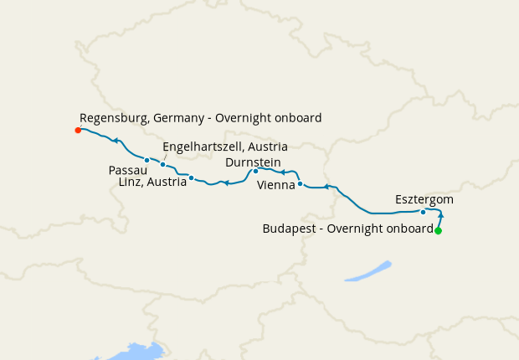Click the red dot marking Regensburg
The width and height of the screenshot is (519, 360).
point(78,130)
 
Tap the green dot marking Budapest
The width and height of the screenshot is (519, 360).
point(438,231)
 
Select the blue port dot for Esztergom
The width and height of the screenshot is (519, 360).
point(424,212)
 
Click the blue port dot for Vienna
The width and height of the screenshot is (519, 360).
point(300,183)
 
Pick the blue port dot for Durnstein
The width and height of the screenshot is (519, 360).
point(255,171)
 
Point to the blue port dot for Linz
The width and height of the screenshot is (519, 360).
point(192,177)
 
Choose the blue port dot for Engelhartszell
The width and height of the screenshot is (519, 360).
point(162,164)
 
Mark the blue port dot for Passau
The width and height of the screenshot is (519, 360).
point(146,160)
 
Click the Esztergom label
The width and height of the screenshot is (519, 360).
point(424,199)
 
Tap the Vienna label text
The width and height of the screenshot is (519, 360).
point(275,184)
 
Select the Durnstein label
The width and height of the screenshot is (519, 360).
point(253,162)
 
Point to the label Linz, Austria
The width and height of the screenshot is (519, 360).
point(152,182)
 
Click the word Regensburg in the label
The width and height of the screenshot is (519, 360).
point(113,118)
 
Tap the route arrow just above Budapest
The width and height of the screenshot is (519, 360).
point(440,216)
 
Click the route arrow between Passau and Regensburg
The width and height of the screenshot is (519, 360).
point(116,141)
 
